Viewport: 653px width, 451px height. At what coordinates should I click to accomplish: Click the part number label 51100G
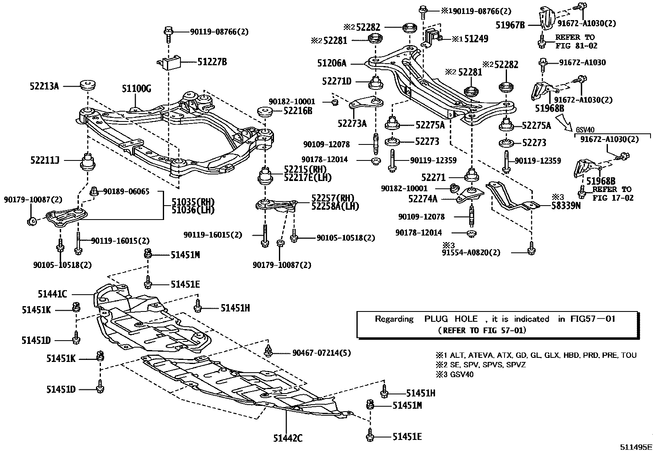click(136, 88)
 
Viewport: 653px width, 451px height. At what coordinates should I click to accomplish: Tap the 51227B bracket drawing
click(171, 62)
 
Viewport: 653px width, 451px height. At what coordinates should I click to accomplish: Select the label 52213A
click(44, 86)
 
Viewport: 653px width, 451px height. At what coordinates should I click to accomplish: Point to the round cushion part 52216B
click(265, 111)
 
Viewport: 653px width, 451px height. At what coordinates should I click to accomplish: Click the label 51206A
click(331, 63)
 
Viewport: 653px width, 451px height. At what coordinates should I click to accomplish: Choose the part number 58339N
click(566, 206)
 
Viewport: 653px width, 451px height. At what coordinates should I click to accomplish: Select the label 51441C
click(52, 294)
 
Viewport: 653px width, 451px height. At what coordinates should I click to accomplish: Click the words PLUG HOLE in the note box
click(451, 319)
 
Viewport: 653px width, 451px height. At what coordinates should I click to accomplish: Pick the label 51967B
click(510, 25)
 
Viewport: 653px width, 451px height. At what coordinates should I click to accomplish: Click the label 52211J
click(44, 160)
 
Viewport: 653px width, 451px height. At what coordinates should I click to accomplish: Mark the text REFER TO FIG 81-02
click(576, 41)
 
